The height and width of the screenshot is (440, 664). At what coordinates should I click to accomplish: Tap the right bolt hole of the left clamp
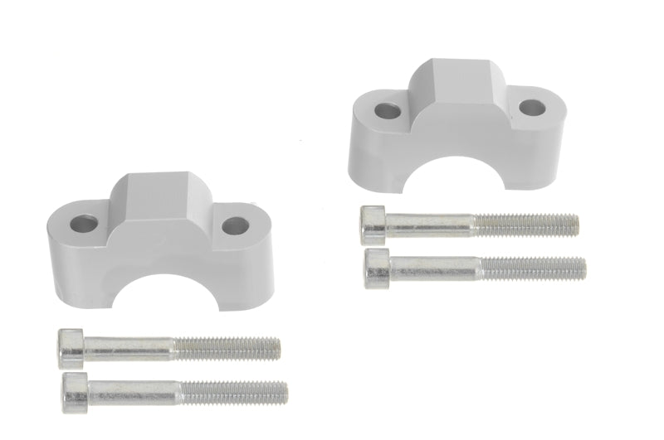(x=235, y=225)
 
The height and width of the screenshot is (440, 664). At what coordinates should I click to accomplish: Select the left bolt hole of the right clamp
(x=387, y=109)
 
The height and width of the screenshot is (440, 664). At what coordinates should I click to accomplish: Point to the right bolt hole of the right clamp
(x=533, y=107)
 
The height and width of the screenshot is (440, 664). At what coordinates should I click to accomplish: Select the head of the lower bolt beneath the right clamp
(x=378, y=267)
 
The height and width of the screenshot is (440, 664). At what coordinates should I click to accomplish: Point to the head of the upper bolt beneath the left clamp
(x=71, y=347)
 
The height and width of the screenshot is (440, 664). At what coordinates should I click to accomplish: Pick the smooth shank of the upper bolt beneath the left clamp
(x=129, y=347)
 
